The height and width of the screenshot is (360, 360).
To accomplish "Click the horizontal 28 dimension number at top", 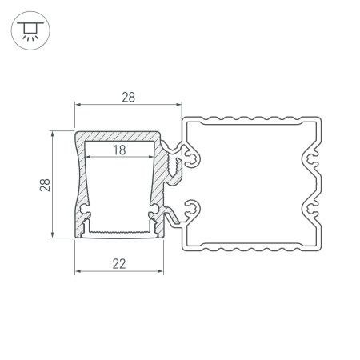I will [x=129, y=97].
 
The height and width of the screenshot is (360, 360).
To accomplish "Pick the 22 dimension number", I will [x=120, y=262].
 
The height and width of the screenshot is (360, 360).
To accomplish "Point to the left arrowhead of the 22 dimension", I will [x=78, y=271].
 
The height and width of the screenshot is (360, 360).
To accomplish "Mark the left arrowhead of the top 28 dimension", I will [x=78, y=106].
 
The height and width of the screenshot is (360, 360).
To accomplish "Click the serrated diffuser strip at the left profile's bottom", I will [x=120, y=234].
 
